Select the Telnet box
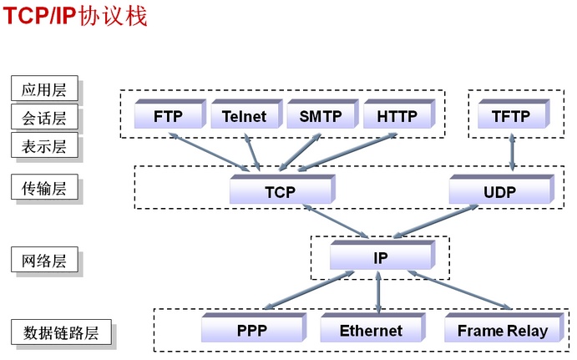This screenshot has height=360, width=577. tap(244, 116)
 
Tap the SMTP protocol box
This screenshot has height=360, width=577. tap(320, 116)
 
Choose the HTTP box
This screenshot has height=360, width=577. tap(397, 116)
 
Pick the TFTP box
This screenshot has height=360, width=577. tap(511, 116)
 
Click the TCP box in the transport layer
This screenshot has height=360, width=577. tap(281, 192)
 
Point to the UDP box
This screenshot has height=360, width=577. tap(499, 192)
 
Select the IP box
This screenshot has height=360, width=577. tap(380, 257)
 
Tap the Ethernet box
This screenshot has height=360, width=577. tap(371, 330)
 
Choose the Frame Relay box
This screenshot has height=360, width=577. tap(502, 330)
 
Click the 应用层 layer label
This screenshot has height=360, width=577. tap(44, 89)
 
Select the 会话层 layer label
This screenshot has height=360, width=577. tap(44, 118)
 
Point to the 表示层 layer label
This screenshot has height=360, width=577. tap(44, 146)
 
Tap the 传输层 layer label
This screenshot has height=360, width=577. tap(44, 188)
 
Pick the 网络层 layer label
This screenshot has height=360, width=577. tap(44, 261)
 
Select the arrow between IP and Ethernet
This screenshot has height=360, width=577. tap(379, 292)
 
